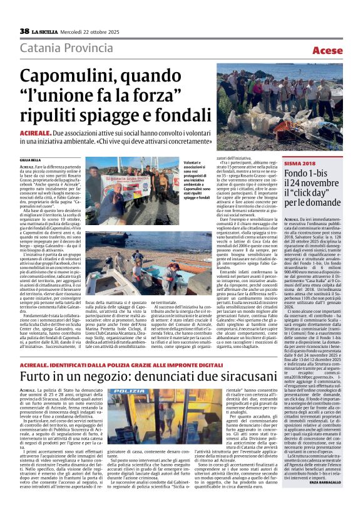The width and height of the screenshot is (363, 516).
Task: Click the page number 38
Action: point(24,31)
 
